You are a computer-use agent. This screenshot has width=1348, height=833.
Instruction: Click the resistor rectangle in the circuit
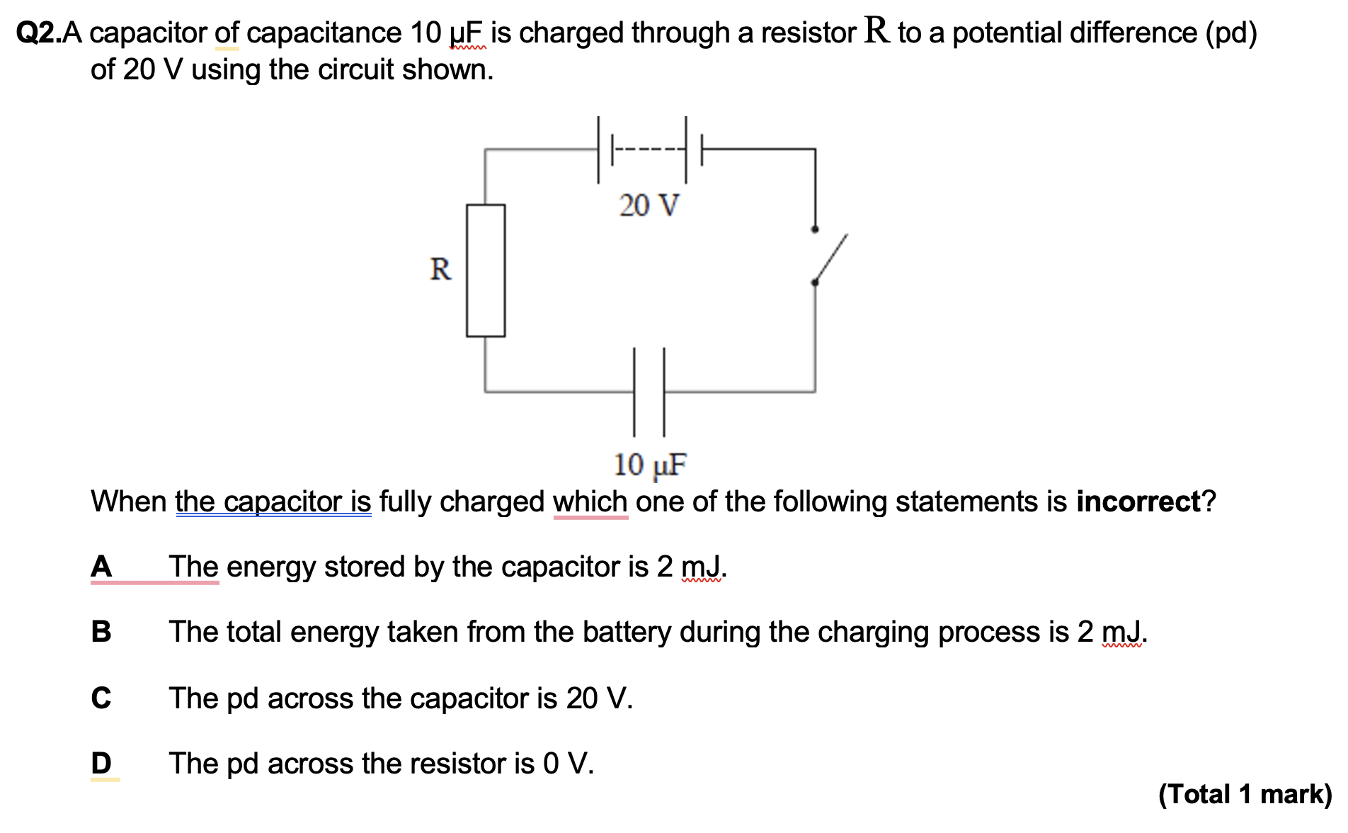tap(486, 270)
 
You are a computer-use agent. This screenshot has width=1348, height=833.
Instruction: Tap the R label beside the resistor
tap(440, 270)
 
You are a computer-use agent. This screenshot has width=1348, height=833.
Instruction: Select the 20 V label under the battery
tap(649, 206)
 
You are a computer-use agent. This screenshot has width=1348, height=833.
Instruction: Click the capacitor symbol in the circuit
tap(649, 391)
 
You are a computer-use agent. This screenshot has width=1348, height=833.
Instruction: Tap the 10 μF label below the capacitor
tap(650, 465)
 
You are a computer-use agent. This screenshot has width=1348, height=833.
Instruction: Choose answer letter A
tap(101, 567)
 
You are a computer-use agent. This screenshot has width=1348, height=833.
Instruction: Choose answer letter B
tap(101, 632)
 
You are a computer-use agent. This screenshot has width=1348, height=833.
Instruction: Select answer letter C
tap(101, 698)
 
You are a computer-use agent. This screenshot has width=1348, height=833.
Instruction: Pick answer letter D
tap(101, 764)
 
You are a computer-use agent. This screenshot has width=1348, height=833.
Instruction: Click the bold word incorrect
tap(1138, 501)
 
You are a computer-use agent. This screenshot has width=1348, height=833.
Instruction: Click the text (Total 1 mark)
tap(1245, 794)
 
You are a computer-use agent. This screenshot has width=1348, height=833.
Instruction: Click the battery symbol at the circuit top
tap(650, 149)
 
